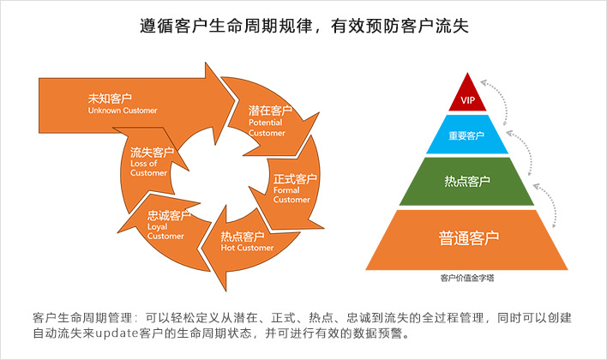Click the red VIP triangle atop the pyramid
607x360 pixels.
[467, 96]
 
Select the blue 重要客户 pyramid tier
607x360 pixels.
[467, 135]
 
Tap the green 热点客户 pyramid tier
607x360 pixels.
[467, 181]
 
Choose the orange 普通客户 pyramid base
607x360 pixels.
[467, 240]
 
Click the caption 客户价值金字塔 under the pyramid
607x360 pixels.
[467, 278]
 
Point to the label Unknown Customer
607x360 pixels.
[123, 111]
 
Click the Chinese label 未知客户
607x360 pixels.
[110, 99]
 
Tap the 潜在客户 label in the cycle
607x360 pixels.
[270, 111]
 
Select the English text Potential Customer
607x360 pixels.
[267, 128]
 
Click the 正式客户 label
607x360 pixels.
[295, 179]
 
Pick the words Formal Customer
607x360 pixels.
[291, 195]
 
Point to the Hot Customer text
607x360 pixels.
[247, 248]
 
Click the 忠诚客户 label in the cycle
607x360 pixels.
[169, 215]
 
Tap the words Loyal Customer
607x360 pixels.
[165, 231]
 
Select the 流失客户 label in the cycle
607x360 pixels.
[152, 152]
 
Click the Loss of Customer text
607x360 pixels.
[148, 168]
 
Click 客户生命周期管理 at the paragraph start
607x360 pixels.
[82, 318]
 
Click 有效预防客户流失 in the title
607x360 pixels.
[400, 26]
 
